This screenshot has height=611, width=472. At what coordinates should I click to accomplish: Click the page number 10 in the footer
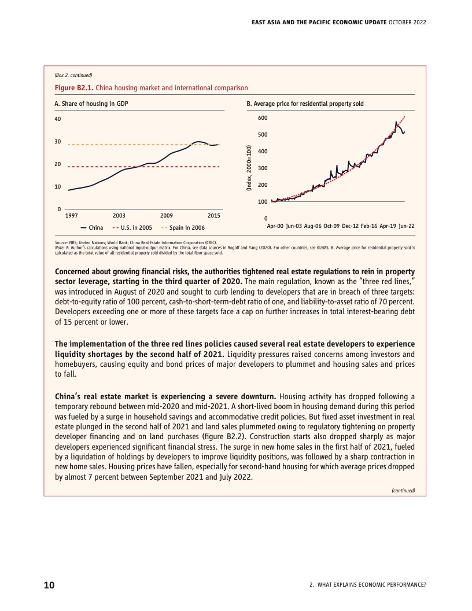(49, 585)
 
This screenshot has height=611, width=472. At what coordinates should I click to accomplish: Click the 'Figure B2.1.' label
(74, 88)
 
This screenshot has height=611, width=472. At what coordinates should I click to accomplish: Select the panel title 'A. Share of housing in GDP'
(91, 104)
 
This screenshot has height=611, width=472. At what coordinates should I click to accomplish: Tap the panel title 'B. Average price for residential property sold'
(305, 104)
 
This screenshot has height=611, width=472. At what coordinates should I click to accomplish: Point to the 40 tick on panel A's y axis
(58, 119)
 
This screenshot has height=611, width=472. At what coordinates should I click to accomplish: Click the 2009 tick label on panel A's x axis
(166, 215)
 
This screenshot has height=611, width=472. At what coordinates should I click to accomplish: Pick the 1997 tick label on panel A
(71, 215)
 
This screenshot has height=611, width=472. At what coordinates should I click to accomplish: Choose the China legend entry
(92, 227)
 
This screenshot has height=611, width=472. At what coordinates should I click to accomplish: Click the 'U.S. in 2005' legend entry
(132, 227)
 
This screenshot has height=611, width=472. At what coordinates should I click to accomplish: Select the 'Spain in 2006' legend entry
(183, 227)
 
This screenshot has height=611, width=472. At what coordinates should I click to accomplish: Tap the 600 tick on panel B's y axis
(263, 117)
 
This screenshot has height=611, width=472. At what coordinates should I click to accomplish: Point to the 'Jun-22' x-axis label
(407, 226)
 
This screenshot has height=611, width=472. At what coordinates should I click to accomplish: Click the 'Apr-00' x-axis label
(275, 226)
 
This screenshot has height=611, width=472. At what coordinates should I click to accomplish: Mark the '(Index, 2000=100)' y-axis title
(249, 168)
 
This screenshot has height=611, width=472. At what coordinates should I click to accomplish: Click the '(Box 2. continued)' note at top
(73, 75)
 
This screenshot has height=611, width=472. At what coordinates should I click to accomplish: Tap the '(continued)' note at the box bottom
(403, 491)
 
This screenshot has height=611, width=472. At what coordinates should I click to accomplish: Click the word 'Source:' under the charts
(61, 242)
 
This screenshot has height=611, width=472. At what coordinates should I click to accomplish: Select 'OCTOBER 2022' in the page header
(407, 22)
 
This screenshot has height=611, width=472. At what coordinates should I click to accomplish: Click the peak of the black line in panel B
(396, 122)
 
